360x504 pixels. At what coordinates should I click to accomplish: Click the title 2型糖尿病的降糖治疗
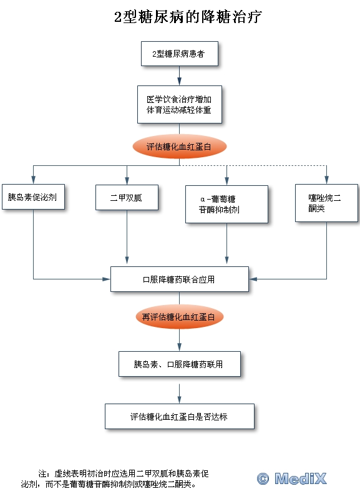click(x=188, y=17)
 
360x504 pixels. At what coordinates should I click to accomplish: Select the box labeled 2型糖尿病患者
click(x=180, y=54)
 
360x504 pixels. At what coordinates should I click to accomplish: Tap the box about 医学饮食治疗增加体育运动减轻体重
click(x=180, y=104)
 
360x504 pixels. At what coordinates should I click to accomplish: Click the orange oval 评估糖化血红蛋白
click(x=180, y=147)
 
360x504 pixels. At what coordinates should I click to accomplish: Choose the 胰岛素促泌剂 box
click(x=34, y=196)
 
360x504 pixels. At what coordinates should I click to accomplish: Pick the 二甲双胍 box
click(x=127, y=197)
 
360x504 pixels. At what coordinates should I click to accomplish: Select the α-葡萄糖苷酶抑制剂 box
click(x=226, y=204)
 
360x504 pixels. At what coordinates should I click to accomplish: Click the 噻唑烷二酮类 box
click(x=326, y=203)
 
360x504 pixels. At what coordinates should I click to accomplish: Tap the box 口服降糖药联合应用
click(x=180, y=279)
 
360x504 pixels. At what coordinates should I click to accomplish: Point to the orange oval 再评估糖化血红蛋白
click(x=180, y=317)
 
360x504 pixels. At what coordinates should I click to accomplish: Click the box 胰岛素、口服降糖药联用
click(x=180, y=364)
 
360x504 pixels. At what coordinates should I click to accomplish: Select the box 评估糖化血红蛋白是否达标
click(x=180, y=417)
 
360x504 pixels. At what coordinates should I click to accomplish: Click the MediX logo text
click(x=301, y=478)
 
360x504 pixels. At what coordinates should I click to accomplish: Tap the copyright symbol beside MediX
click(x=263, y=478)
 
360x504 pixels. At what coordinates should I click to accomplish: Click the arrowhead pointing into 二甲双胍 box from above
click(x=127, y=180)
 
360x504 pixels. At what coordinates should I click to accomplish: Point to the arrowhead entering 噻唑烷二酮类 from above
click(x=326, y=180)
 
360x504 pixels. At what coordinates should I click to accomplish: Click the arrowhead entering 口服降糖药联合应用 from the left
click(x=107, y=279)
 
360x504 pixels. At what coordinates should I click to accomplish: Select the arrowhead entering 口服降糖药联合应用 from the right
click(x=253, y=279)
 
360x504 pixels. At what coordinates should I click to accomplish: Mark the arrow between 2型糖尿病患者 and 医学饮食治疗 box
click(x=179, y=76)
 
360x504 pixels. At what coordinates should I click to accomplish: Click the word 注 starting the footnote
click(x=42, y=473)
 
